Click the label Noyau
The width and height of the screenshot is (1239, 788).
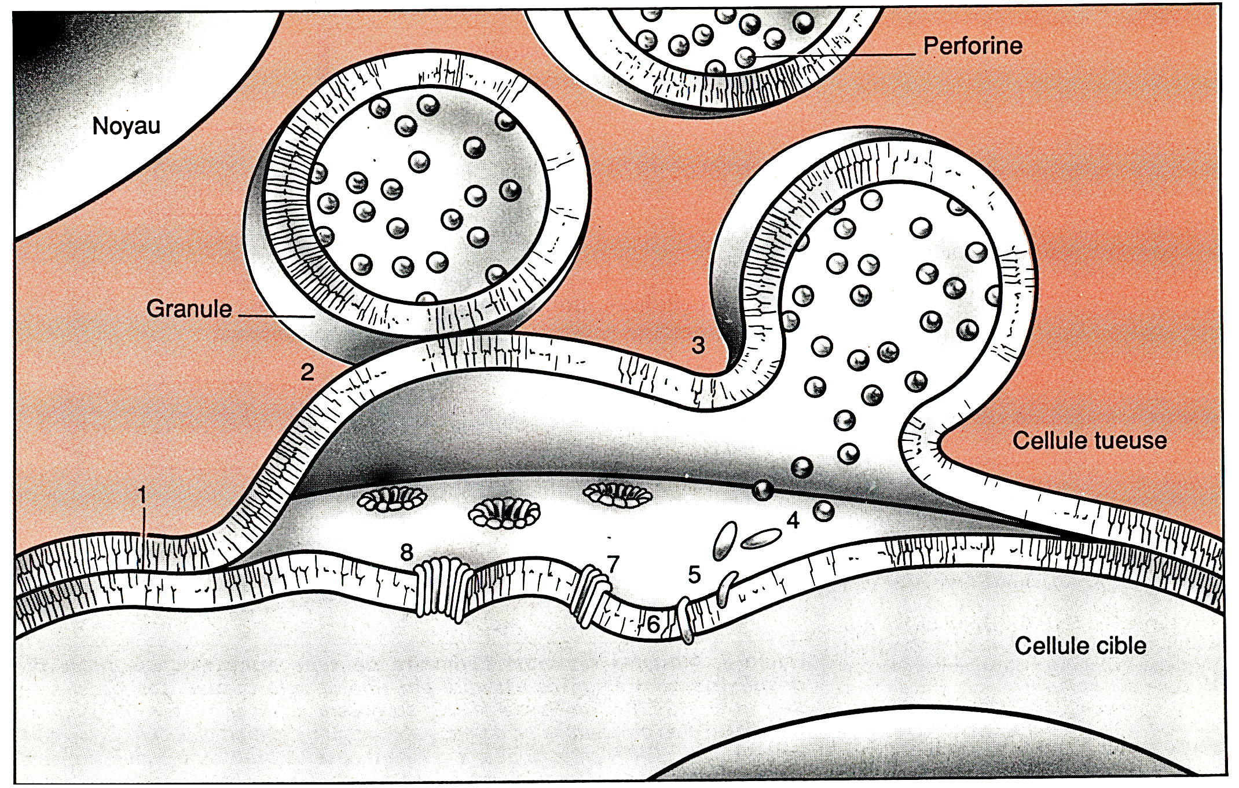point(126,126)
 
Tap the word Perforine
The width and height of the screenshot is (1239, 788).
point(973,46)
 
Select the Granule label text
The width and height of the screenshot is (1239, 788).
point(189,309)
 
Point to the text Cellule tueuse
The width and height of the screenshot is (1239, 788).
point(1089,440)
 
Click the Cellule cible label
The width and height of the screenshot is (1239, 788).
point(1080,645)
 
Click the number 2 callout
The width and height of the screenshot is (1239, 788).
point(307,371)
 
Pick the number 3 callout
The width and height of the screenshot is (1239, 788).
point(698,345)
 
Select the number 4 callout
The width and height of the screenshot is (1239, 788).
point(793,521)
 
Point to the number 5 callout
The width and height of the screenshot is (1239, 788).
point(694,574)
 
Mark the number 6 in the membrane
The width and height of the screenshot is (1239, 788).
point(653,624)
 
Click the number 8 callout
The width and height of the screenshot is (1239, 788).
point(407,552)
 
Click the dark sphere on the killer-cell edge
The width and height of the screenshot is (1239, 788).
point(763,490)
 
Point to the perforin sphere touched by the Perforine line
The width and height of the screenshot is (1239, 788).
point(746,57)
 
